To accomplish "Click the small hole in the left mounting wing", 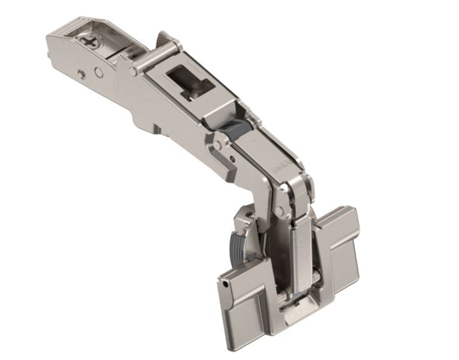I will point(223,287).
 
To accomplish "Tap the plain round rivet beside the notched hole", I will point(99,73).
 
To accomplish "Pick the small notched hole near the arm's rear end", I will point(80,74).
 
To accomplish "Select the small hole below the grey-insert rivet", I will point(231,161).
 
